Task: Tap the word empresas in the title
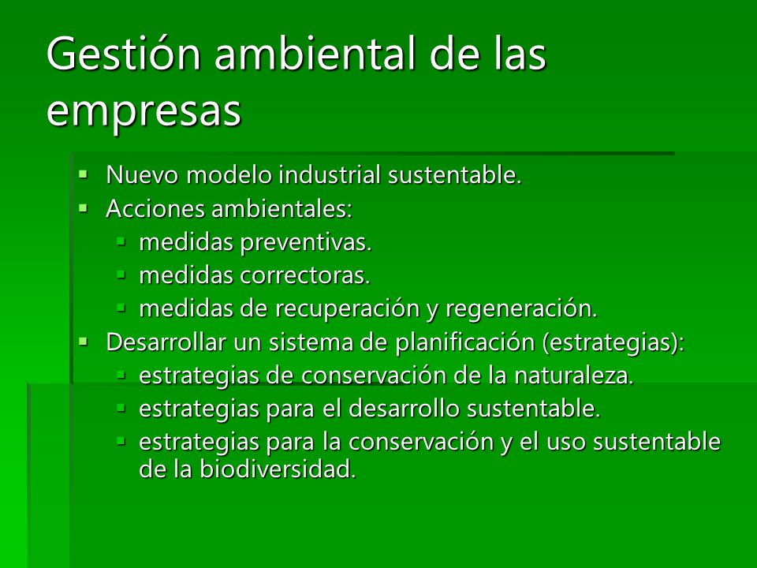click(144, 111)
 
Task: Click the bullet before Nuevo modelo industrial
click(84, 174)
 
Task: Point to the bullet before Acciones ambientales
click(84, 207)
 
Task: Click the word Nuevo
click(143, 174)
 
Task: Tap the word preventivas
click(306, 242)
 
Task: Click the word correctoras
click(305, 276)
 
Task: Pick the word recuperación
click(348, 309)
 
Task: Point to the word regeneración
click(521, 309)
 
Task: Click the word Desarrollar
click(166, 342)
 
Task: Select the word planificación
click(465, 343)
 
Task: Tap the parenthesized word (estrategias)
click(610, 343)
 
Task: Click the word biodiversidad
click(278, 469)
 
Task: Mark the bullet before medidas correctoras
click(121, 275)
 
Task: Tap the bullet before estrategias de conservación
click(121, 375)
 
